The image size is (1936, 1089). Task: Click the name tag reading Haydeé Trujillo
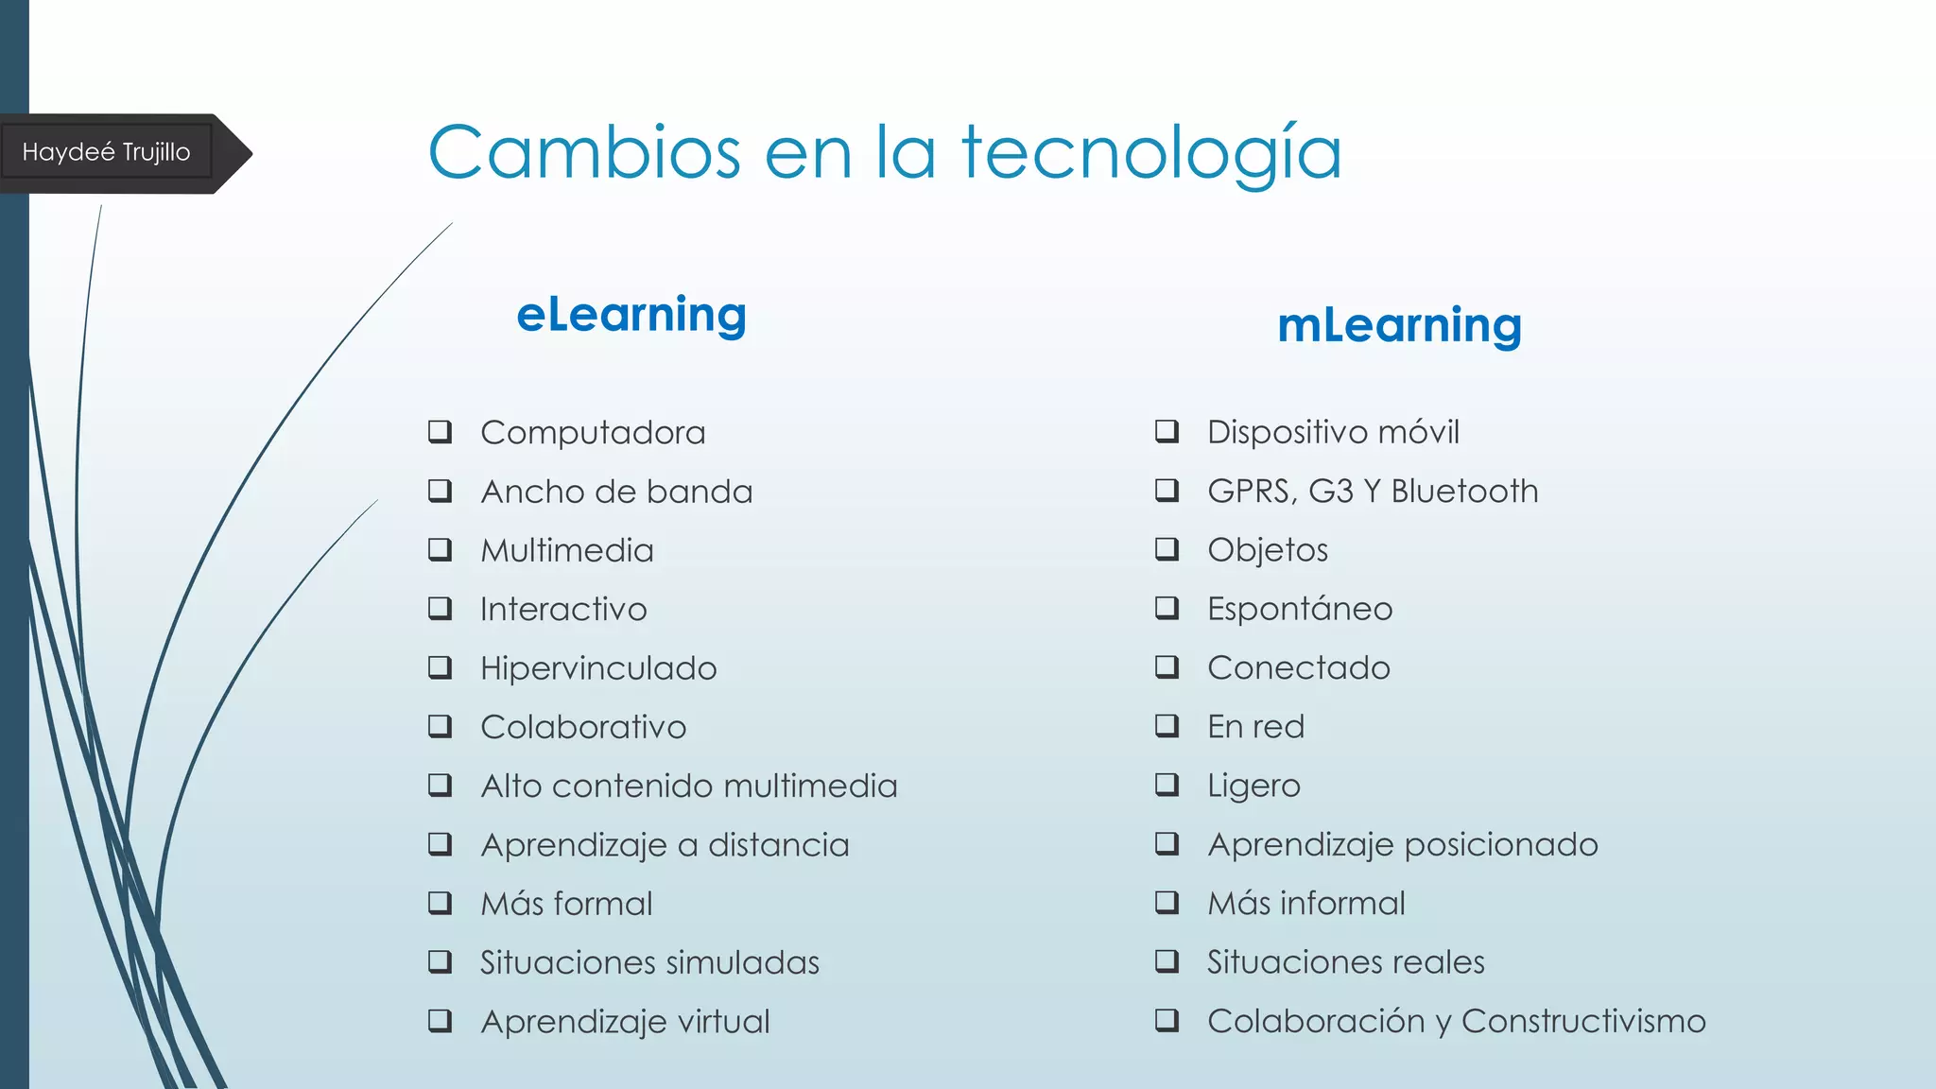tap(106, 152)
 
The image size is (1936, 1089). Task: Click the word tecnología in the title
tap(1151, 153)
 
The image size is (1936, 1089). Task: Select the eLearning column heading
tap(631, 315)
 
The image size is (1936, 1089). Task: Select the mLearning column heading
tap(1399, 325)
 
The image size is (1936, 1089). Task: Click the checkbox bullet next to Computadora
tap(440, 432)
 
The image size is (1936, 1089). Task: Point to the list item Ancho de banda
tap(616, 492)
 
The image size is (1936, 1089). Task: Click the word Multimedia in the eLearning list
tap(567, 550)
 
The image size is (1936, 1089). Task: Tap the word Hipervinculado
tap(598, 668)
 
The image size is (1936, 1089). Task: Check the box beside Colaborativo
tap(440, 727)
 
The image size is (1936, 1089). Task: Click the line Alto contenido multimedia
tap(688, 786)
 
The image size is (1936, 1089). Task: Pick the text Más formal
tap(566, 904)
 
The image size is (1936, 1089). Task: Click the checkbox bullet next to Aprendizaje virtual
tap(440, 1021)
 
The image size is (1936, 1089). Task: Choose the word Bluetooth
tap(1464, 492)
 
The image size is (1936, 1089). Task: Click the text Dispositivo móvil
tap(1333, 432)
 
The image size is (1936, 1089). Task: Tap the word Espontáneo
tap(1300, 609)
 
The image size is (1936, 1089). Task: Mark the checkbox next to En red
tap(1167, 726)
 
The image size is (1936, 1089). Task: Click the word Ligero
tap(1253, 786)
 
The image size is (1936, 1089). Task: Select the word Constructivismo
tap(1583, 1021)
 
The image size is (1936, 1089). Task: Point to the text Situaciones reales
tap(1345, 962)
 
